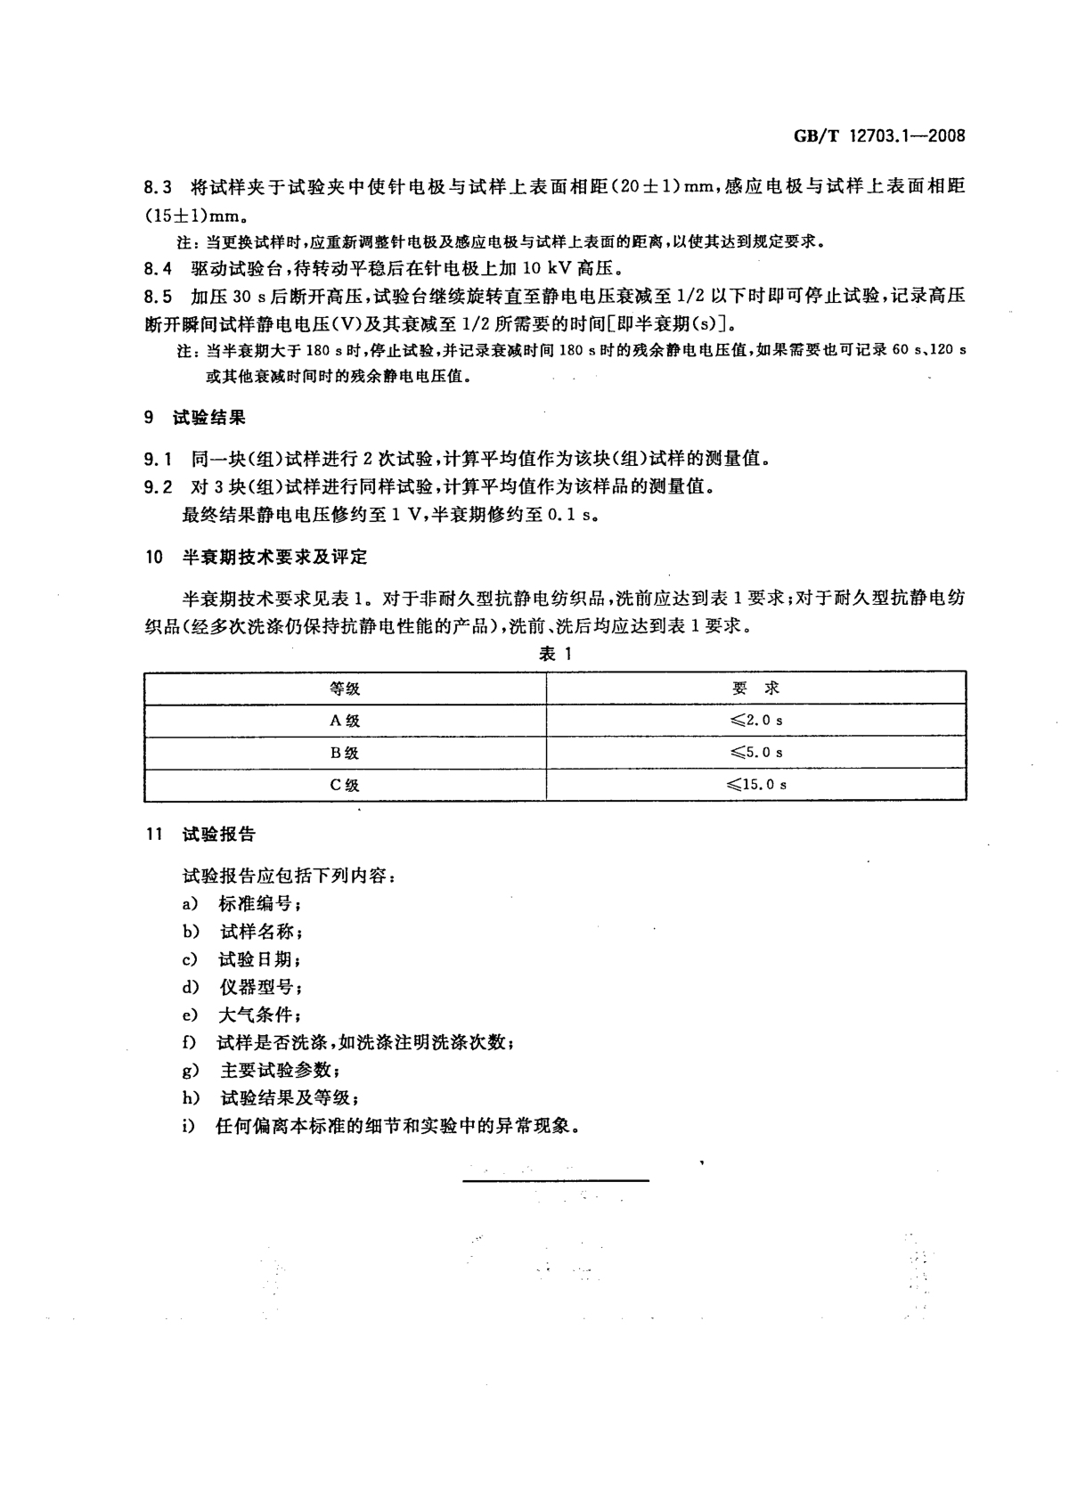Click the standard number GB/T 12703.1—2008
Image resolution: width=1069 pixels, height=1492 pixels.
click(878, 136)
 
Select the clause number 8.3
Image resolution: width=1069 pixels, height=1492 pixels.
click(157, 188)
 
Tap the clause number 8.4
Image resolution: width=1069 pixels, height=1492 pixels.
click(157, 268)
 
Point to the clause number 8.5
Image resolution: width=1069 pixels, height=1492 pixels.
click(157, 297)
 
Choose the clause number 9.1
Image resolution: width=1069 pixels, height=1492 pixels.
click(157, 459)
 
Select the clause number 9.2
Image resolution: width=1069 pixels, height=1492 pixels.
click(157, 486)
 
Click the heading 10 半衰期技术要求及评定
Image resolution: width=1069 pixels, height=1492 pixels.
click(256, 558)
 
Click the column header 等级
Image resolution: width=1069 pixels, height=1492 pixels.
click(345, 689)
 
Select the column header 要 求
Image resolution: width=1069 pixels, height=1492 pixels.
click(755, 689)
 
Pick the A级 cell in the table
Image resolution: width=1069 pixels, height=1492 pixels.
click(345, 721)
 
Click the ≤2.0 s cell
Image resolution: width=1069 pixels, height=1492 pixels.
click(755, 720)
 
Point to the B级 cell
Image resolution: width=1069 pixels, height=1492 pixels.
click(345, 753)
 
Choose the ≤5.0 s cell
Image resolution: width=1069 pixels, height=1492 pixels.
click(755, 752)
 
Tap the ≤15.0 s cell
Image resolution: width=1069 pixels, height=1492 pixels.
click(755, 785)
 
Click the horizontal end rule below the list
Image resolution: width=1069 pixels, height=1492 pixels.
click(555, 1181)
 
